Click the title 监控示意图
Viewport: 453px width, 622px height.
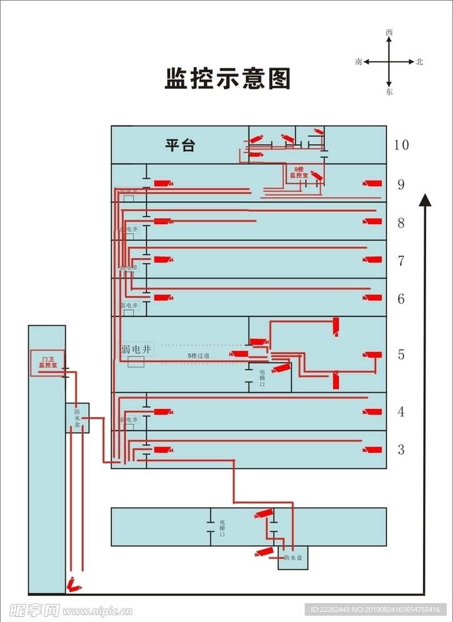(228, 79)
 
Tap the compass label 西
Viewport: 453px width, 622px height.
(389, 32)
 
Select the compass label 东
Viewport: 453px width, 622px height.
(389, 92)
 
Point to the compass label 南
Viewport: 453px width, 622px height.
(359, 62)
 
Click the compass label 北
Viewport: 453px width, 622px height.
(420, 62)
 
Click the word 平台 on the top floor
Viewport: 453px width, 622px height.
(180, 146)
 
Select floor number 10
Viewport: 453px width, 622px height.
(401, 145)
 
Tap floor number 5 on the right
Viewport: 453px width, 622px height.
(401, 355)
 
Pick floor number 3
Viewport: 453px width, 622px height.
(401, 450)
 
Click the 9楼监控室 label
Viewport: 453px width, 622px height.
(298, 172)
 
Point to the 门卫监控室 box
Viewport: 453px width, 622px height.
(48, 362)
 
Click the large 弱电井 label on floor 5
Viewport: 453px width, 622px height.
(136, 350)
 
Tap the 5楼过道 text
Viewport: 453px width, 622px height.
(198, 356)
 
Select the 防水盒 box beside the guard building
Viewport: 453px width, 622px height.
(78, 418)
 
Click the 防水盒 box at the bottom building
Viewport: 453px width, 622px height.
(293, 557)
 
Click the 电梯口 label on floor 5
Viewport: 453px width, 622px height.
(262, 378)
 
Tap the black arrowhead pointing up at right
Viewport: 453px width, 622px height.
(425, 200)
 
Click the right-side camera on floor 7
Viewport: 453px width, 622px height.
(374, 259)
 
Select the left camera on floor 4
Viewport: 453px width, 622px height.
(163, 412)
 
